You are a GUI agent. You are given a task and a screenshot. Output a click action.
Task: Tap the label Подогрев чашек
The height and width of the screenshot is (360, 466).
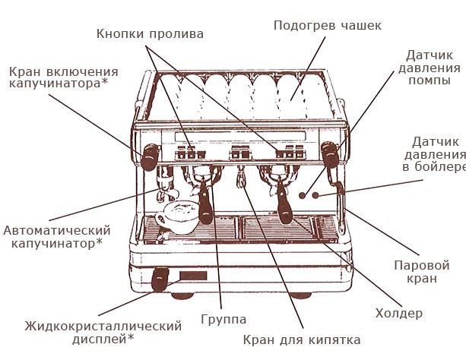point(327,26)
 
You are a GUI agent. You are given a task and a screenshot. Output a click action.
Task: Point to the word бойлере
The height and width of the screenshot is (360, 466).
point(439,166)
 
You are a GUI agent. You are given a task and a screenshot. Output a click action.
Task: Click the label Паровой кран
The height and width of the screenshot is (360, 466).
point(421,273)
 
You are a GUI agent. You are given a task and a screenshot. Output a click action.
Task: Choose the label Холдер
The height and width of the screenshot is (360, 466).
point(399,313)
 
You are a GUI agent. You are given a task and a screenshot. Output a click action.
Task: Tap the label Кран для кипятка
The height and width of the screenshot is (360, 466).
point(302,339)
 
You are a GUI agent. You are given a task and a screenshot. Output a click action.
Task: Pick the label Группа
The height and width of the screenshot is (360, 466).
point(223,319)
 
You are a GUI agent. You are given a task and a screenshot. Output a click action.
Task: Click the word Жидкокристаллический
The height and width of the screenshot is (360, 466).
point(103,327)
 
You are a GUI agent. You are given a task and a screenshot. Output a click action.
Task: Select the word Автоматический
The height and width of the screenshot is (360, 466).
point(57,230)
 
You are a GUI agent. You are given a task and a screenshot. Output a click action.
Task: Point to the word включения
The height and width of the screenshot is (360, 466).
point(81,70)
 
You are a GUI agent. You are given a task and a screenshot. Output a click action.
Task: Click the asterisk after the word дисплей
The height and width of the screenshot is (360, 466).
point(130,338)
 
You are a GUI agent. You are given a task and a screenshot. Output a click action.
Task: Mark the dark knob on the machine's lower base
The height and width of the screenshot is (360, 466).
point(161,279)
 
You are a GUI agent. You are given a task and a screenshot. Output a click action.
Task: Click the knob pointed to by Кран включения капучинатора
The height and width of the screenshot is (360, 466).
point(149,156)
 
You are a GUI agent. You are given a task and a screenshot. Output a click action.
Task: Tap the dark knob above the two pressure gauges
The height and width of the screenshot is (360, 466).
point(329,155)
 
